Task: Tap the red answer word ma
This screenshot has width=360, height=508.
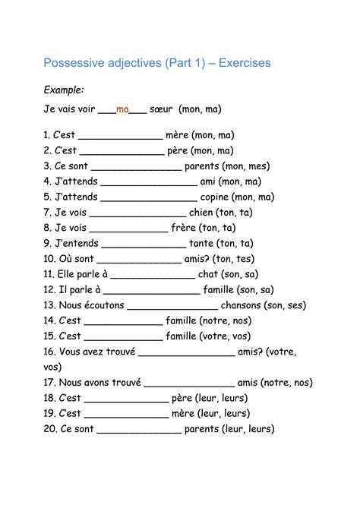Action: [122, 109]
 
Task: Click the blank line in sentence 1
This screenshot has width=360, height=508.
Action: [120, 136]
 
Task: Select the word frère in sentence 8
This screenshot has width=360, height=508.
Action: [183, 228]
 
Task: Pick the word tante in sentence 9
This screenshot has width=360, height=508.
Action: [201, 243]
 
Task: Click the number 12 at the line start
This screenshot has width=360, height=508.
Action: [49, 289]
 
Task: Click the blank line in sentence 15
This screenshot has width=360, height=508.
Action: [122, 337]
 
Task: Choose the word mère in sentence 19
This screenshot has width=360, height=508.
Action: [183, 413]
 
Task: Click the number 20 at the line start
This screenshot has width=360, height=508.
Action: [49, 429]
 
